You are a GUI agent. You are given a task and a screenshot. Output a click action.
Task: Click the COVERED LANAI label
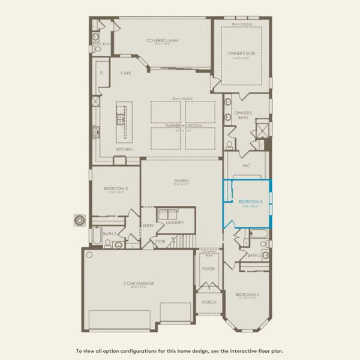pyautogui.click(x=163, y=40)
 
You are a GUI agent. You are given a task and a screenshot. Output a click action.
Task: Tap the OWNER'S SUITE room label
pyautogui.click(x=242, y=53)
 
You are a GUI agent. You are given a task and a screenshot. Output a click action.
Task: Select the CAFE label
pyautogui.click(x=125, y=73)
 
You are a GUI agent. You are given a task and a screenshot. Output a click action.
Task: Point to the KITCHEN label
pyautogui.click(x=124, y=149)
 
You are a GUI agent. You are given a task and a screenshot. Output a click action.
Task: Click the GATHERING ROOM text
pyautogui.click(x=183, y=127)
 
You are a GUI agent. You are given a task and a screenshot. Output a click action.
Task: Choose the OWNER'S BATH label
pyautogui.click(x=243, y=114)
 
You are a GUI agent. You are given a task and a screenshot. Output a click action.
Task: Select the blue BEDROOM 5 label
pyautogui.click(x=250, y=202)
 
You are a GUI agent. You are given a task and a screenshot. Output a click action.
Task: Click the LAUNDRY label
pyautogui.click(x=175, y=223)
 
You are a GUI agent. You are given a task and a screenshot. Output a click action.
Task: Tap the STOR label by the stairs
pyautogui.click(x=160, y=242)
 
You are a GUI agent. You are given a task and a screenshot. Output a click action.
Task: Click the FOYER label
pyautogui.click(x=208, y=269)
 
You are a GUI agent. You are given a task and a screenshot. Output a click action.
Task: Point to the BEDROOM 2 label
pyautogui.click(x=247, y=295)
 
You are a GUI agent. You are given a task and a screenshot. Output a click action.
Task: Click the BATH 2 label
pyautogui.click(x=253, y=255)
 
